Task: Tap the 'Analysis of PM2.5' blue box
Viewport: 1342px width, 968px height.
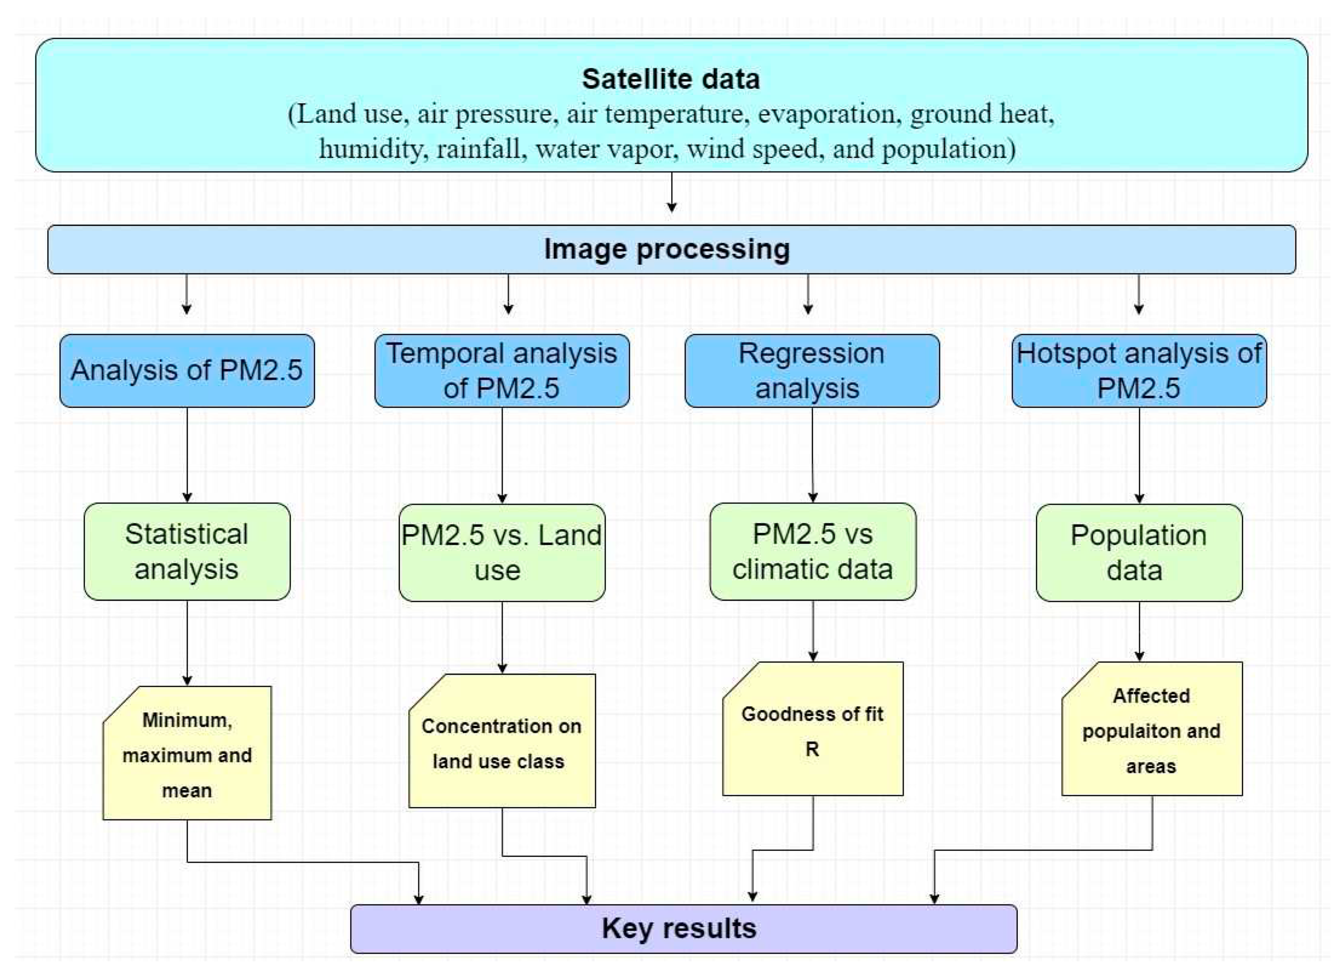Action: [187, 370]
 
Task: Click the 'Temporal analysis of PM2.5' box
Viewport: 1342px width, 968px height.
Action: [502, 370]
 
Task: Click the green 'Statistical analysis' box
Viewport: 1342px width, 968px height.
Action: [187, 551]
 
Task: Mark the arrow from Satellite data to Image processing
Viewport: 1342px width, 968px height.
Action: [672, 192]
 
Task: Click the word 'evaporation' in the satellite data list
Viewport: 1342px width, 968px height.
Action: [827, 114]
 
